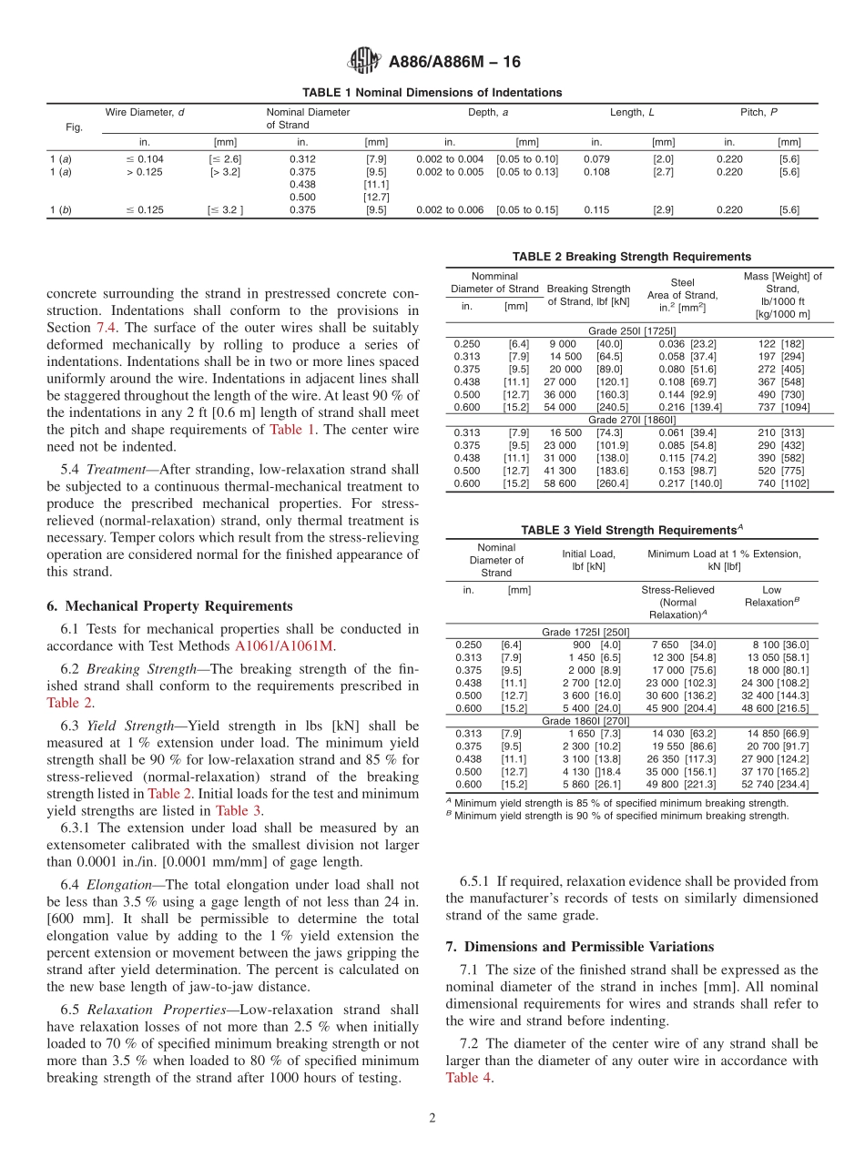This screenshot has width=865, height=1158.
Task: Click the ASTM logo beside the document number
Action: [364, 62]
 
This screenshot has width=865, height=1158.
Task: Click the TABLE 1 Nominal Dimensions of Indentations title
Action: [432, 93]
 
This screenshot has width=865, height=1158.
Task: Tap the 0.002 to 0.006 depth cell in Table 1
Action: [450, 210]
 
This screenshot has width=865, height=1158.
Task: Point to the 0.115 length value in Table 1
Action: [596, 210]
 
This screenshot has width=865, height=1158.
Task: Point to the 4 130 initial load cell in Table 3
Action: [582, 771]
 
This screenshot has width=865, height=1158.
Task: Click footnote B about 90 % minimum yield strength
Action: [617, 816]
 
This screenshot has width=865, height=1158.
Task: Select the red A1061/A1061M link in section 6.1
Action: [284, 645]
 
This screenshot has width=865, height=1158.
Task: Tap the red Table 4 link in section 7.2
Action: [469, 1077]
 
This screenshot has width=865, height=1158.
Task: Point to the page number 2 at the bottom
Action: [432, 1118]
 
